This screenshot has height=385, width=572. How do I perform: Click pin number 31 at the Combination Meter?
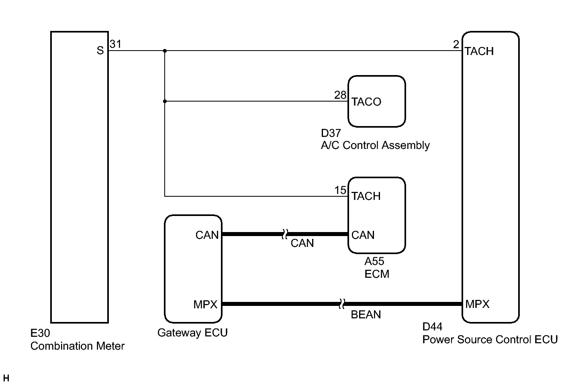[116, 44]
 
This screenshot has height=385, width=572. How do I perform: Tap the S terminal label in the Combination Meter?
[100, 51]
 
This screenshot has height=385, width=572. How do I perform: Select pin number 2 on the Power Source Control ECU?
[456, 45]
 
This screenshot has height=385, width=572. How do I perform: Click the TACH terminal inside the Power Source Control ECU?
[479, 51]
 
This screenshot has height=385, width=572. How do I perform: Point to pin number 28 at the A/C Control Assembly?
[340, 95]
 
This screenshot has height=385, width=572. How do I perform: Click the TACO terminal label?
[366, 102]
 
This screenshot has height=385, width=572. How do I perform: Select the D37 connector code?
[331, 133]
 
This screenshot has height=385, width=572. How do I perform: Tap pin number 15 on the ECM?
[340, 190]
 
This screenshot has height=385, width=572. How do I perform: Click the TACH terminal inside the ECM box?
[366, 196]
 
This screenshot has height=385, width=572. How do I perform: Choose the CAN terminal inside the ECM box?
[363, 235]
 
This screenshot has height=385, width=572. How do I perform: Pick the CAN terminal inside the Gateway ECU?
[207, 235]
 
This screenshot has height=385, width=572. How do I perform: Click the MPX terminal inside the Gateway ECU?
[205, 304]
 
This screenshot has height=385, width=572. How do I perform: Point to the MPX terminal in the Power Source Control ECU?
[478, 304]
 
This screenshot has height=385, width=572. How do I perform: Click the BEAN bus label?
[366, 315]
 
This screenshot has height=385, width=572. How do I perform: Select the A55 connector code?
[374, 261]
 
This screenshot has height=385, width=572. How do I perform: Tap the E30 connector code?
[40, 333]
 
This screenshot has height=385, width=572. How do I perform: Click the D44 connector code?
[432, 327]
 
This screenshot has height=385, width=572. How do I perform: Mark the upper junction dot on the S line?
[165, 51]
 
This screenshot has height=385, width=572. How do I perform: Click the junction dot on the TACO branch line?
[165, 101]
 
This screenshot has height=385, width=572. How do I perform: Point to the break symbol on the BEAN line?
[342, 304]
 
